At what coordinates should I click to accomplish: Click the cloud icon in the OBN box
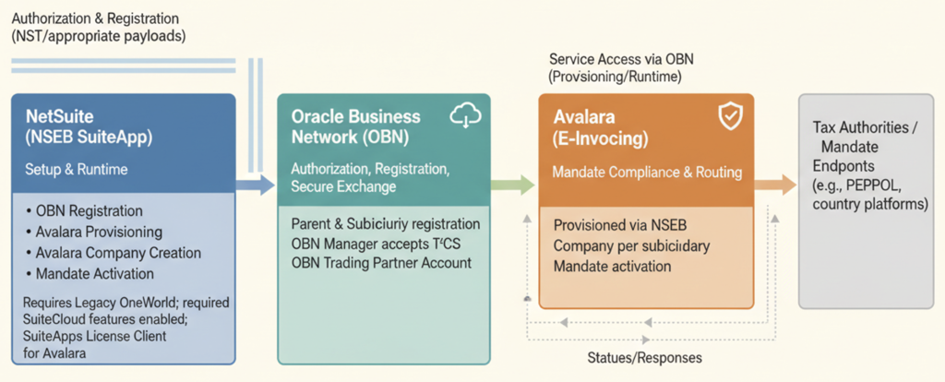click(466, 117)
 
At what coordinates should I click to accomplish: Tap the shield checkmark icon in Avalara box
click(729, 115)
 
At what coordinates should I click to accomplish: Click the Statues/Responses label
click(643, 357)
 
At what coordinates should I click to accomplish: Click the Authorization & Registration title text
click(95, 18)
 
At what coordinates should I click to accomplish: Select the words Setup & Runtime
click(77, 170)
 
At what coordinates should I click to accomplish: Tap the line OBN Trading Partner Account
click(381, 263)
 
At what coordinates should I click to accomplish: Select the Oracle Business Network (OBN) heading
click(355, 126)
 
